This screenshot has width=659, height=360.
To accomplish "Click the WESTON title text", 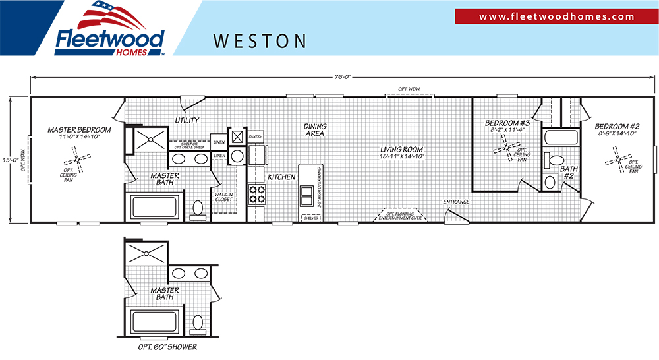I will click(x=260, y=42).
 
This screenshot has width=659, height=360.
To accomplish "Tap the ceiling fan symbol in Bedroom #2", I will click(x=618, y=160).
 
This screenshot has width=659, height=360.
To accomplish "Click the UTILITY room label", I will click(x=187, y=120).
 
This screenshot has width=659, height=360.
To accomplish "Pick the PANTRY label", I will click(x=256, y=137).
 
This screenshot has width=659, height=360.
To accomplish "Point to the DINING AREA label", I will click(x=315, y=130).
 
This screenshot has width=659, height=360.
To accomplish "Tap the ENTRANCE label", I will click(x=456, y=202).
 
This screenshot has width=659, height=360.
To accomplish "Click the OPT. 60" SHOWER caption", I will click(x=165, y=347).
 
